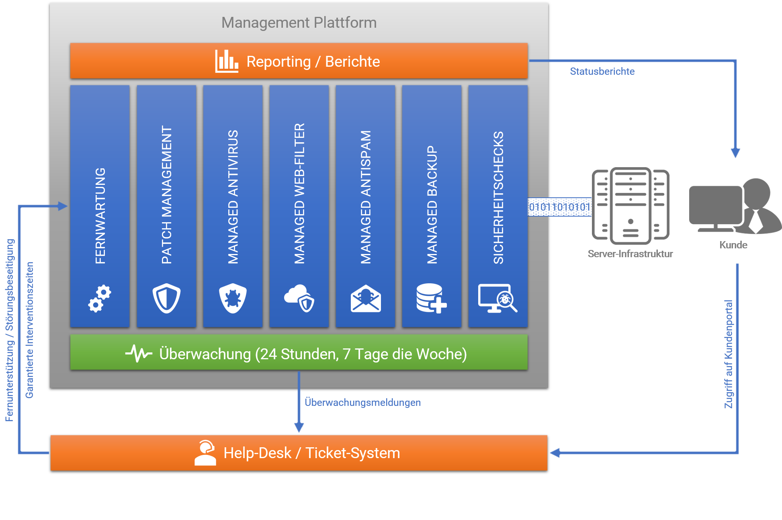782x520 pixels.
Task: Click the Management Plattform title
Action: (x=299, y=23)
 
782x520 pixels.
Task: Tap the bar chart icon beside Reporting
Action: (x=226, y=61)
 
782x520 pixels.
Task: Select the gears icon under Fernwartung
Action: (x=100, y=299)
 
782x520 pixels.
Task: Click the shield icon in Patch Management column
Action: (x=166, y=298)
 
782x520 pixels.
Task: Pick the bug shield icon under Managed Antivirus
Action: (x=233, y=298)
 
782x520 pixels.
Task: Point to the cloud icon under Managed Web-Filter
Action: (x=299, y=298)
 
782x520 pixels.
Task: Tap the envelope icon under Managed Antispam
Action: (x=366, y=299)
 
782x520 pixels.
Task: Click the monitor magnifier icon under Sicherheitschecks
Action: (x=497, y=298)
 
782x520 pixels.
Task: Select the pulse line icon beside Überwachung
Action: (x=139, y=354)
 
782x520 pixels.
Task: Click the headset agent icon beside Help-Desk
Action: (x=205, y=453)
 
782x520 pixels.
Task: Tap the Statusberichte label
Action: (x=602, y=72)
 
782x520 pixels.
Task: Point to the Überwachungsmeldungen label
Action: (x=362, y=402)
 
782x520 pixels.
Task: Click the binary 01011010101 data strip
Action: (x=559, y=207)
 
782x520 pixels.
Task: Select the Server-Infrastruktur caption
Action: (x=630, y=254)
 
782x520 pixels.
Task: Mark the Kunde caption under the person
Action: (x=733, y=245)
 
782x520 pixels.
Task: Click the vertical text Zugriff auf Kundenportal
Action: (x=729, y=354)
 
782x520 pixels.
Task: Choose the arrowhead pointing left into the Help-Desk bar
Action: (x=555, y=453)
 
